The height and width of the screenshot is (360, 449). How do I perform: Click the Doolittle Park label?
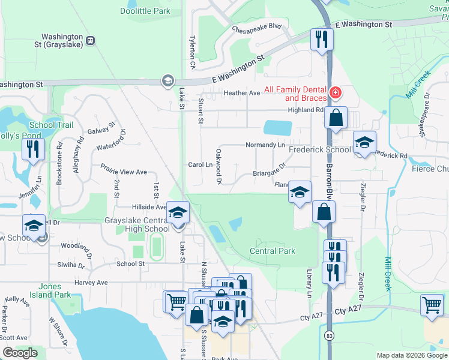point(145,11)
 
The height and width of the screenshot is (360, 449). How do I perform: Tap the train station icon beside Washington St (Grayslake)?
point(90,41)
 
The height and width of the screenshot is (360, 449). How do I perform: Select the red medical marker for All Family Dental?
point(334,93)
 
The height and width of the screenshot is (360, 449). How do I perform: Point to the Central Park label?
point(272,251)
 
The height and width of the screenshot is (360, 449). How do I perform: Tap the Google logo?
point(20,353)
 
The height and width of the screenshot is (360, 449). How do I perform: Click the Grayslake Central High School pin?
point(178,213)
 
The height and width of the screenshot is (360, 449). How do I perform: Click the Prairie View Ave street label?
point(124,172)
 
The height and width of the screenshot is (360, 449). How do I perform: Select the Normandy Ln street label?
point(265,145)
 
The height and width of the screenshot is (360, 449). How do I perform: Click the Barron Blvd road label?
point(329,180)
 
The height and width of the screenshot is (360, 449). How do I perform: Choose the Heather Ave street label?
point(241,93)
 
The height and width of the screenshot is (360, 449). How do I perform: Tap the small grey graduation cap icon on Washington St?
point(167,80)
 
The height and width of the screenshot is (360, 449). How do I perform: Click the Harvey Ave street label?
point(91,282)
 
